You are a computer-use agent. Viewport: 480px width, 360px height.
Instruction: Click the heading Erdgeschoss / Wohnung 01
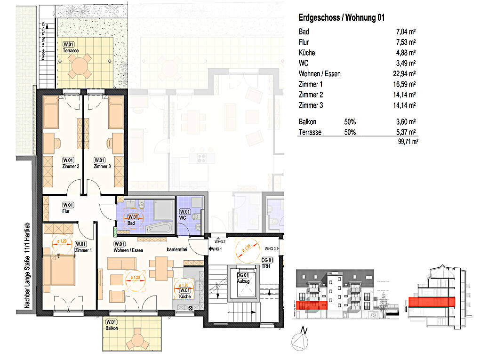[x=342, y=18]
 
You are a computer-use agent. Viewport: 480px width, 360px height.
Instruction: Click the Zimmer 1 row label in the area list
[x=311, y=85]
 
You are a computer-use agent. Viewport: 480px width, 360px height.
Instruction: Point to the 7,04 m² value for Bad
[x=406, y=32]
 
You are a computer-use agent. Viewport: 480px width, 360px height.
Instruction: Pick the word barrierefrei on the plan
[x=177, y=249]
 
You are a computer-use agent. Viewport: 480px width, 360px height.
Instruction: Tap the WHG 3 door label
[x=270, y=248]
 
